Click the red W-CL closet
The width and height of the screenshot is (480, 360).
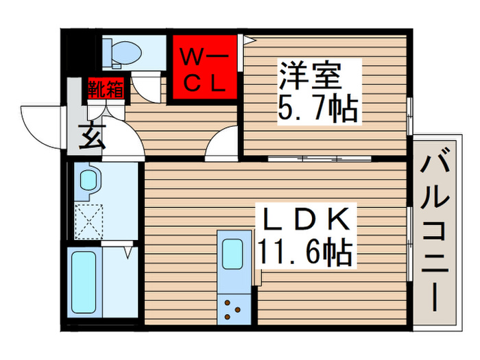point(204,67)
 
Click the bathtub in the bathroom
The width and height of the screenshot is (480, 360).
point(84,281)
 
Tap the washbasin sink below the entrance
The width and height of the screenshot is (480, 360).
point(89,181)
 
